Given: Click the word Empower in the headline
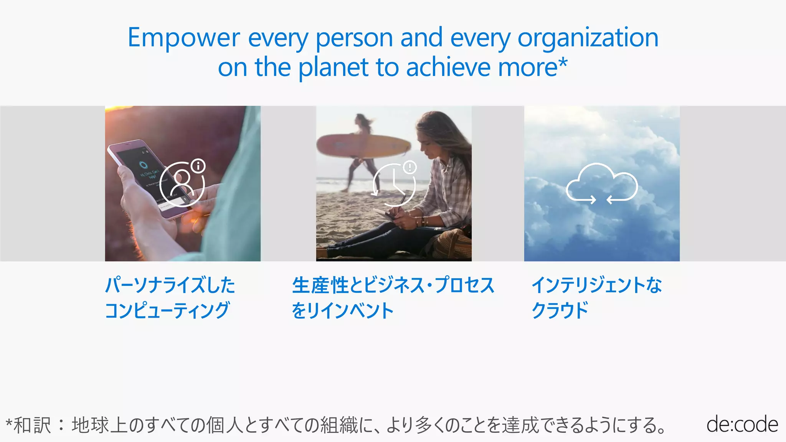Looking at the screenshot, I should coord(183,38).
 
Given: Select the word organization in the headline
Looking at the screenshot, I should coord(588,38).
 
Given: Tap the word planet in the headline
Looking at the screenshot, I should coord(333,68).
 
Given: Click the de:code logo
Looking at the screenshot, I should coord(742,424).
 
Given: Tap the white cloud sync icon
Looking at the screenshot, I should coord(601,183).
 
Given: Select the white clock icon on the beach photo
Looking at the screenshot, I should coord(394,185).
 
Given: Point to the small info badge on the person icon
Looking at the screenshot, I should coord(198,166).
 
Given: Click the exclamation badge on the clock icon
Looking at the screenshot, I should coord(410,167).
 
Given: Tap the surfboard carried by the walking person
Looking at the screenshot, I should coord(363,146).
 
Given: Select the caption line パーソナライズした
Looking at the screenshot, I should coord(170,285).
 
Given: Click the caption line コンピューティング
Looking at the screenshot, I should coord(167,310).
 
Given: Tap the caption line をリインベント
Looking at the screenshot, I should coord(342,310).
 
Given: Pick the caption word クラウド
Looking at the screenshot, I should coord(560,310).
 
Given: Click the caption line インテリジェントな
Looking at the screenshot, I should coord(596,285).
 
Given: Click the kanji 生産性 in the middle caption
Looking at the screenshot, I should coord(320,285).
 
